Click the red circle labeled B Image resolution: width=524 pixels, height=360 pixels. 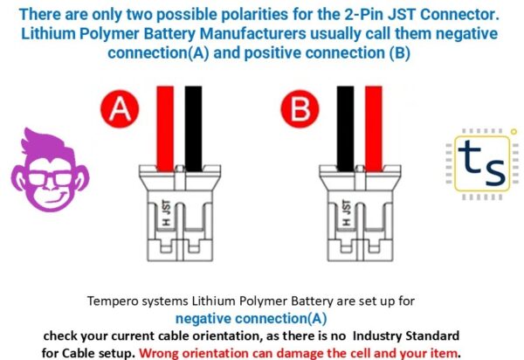[299, 110]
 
